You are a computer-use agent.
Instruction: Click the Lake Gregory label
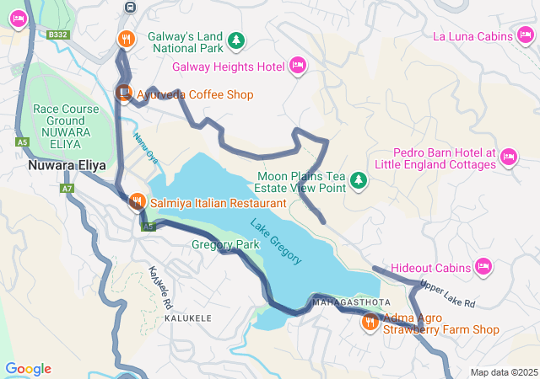(276, 241)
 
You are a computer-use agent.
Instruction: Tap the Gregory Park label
(225, 245)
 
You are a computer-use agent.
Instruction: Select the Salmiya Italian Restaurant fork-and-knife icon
(136, 202)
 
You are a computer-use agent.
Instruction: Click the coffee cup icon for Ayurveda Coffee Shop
(124, 93)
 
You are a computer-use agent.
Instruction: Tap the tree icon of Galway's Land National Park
(237, 40)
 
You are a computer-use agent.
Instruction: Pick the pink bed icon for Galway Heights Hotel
(297, 66)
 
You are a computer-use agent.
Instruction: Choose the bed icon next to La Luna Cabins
(526, 36)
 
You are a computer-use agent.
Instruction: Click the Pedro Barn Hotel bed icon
(508, 157)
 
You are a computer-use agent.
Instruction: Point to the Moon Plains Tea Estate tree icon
(359, 180)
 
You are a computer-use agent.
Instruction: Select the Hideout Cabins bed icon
(483, 267)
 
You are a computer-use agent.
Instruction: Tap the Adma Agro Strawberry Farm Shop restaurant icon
(370, 322)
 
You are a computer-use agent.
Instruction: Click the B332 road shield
(57, 35)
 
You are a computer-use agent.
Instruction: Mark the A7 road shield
(67, 189)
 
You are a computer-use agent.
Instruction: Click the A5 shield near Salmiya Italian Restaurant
(148, 227)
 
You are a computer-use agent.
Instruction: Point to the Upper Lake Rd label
(447, 294)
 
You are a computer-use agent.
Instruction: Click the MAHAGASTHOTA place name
(351, 302)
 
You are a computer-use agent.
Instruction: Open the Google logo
(28, 369)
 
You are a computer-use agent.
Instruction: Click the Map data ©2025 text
(503, 372)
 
